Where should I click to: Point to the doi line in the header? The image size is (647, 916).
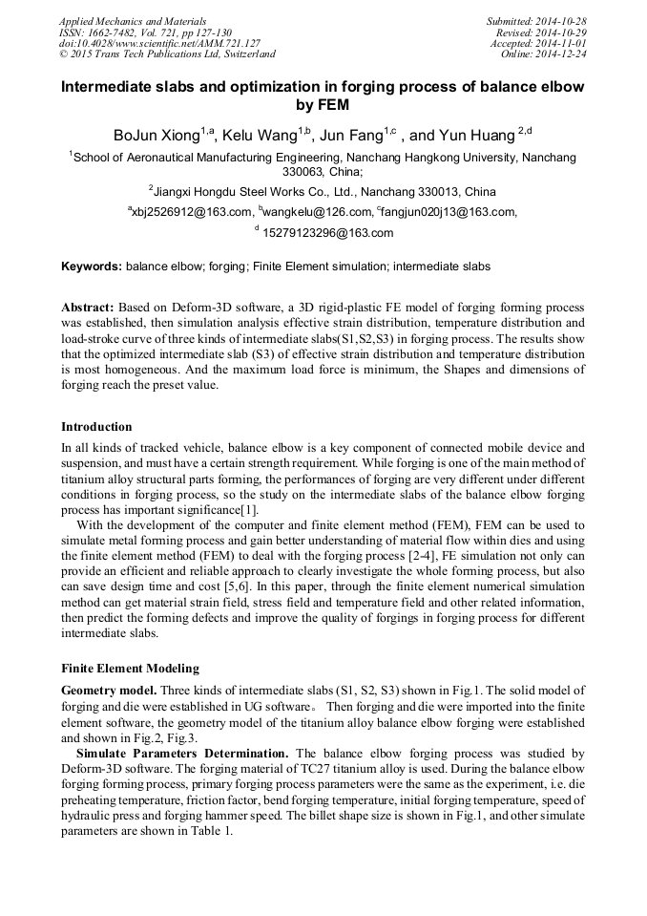pos(159,44)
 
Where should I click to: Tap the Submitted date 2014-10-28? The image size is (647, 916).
pos(563,21)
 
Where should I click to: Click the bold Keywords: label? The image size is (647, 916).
pos(91,266)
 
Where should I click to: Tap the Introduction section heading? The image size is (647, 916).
pos(96,427)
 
